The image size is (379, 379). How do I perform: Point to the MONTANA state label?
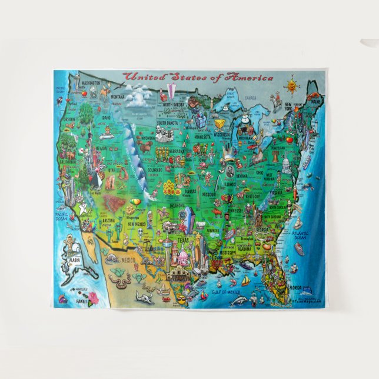coord(117,97)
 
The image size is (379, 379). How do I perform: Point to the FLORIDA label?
coord(297,287)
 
